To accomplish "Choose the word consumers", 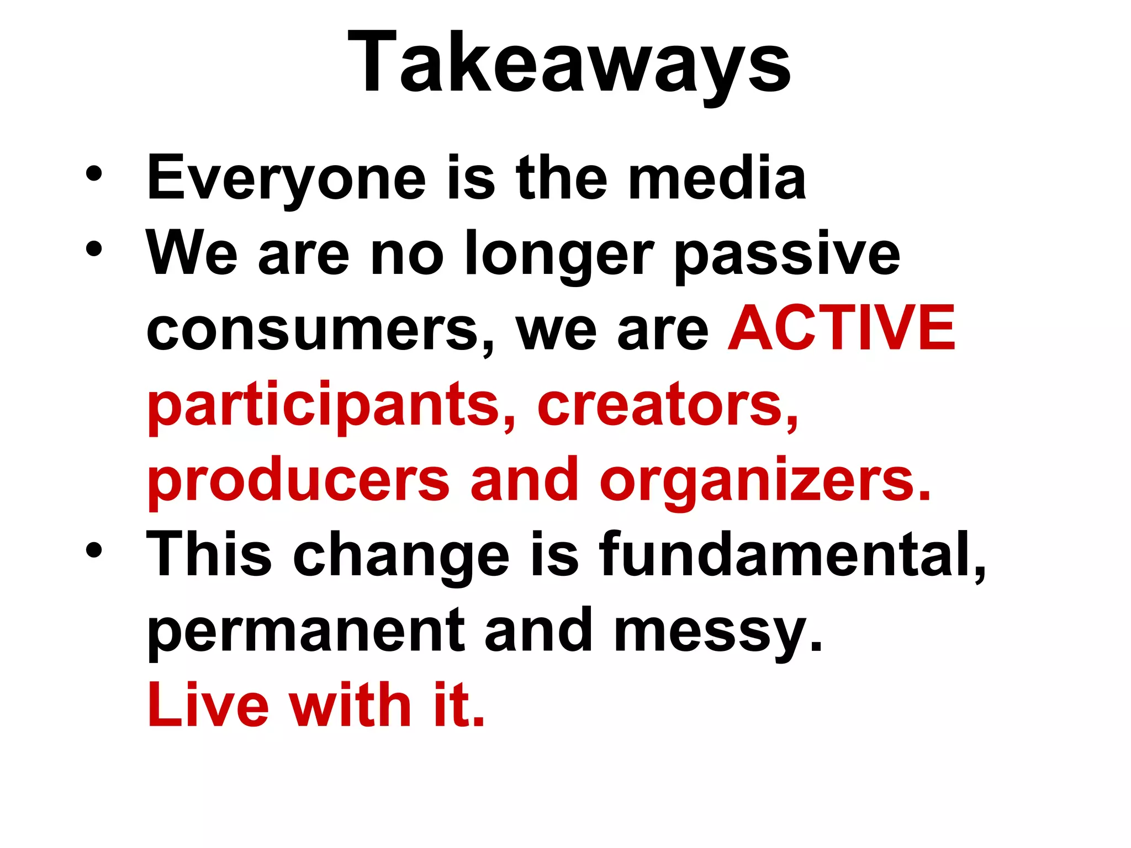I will point(313,330).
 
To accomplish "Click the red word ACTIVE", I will point(842,329).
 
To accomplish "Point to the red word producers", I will point(298,481).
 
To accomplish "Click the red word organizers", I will point(765,481).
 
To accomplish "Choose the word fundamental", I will point(792,555).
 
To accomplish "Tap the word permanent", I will point(306,631).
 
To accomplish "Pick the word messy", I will point(717,631).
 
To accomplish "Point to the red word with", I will point(351,705).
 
